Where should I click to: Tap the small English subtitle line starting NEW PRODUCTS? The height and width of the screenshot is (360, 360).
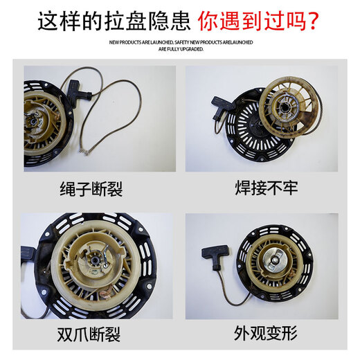tap(180, 46)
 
